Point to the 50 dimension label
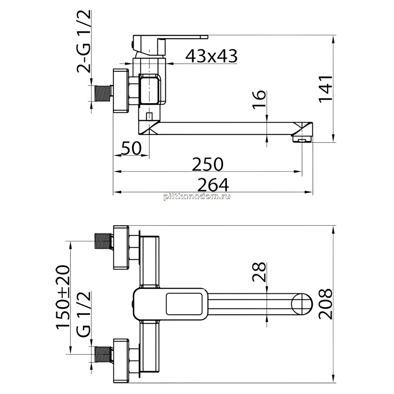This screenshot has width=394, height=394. [131, 148]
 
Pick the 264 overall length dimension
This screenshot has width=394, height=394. [213, 185]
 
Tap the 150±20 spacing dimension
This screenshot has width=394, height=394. [63, 297]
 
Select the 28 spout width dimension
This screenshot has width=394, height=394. [259, 272]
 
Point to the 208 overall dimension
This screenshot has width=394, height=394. [326, 304]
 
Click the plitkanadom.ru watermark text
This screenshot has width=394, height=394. [197, 197]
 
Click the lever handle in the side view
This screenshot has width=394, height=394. [170, 45]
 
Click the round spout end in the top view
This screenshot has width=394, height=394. [302, 304]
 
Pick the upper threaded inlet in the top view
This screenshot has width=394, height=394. [104, 241]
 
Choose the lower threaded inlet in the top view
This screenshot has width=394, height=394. [104, 354]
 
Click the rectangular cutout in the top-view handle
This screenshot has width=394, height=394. [184, 304]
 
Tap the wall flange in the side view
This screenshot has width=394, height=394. [121, 91]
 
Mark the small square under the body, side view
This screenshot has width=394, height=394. [149, 116]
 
